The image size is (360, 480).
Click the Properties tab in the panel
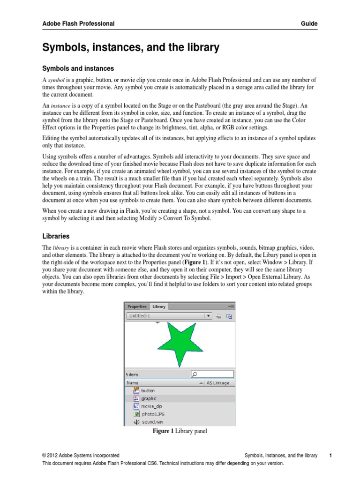(137, 307)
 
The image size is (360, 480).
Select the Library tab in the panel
(159, 307)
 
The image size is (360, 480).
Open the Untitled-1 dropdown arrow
(209, 316)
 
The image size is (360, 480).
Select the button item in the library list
(148, 390)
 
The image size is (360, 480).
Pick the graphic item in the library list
(149, 398)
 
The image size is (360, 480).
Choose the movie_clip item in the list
(151, 406)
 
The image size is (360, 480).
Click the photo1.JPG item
(151, 414)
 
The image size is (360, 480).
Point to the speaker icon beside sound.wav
(136, 422)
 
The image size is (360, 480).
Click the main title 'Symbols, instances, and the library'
(131, 47)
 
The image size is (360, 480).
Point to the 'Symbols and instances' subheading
(78, 69)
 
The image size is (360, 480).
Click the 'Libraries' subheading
(56, 237)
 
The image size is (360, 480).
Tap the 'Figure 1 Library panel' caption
(180, 431)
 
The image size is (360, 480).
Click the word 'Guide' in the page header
(310, 23)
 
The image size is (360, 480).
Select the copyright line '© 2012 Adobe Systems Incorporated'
(81, 455)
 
